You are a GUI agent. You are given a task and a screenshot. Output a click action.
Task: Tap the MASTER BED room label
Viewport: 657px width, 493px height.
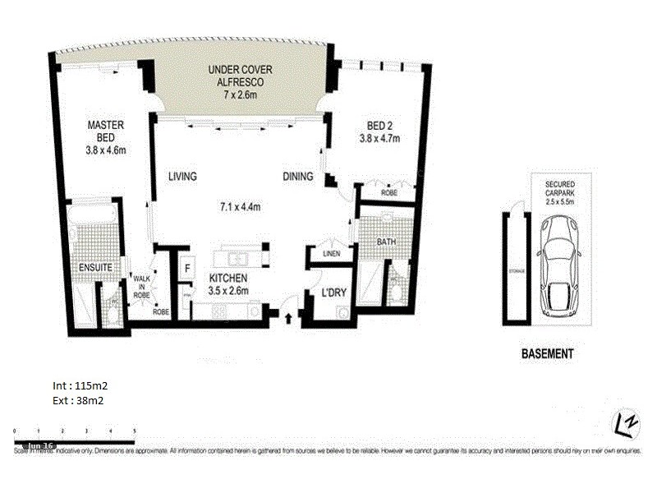[106, 131]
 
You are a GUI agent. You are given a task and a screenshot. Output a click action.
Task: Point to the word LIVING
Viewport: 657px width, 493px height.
[184, 176]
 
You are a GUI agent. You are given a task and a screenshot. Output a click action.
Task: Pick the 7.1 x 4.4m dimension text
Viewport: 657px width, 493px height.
[241, 206]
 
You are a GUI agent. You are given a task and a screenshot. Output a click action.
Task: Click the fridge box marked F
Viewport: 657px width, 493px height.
[187, 268]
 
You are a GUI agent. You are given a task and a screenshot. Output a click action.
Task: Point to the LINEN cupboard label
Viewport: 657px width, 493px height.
[330, 254]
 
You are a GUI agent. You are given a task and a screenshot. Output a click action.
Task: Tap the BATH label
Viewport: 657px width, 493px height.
[387, 242]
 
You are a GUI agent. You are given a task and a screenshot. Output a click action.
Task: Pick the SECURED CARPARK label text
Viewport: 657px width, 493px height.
[558, 192]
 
